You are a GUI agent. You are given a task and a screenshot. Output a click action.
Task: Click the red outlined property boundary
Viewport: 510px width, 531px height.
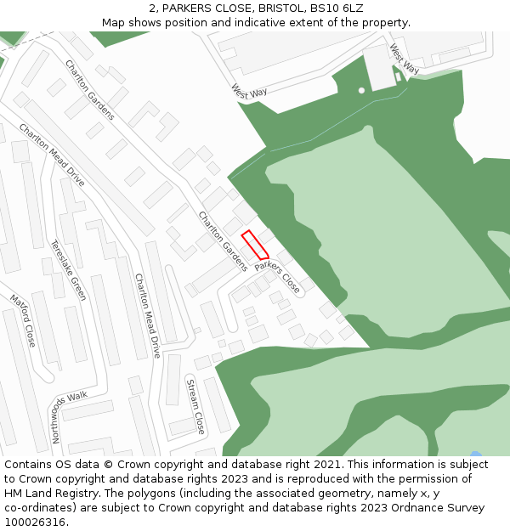255,245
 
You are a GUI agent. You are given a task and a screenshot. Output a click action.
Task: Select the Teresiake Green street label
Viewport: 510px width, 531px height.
68,270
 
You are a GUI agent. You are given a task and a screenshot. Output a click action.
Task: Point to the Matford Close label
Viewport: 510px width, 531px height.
23,320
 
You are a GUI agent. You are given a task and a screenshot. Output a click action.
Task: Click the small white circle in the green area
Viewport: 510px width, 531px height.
361,90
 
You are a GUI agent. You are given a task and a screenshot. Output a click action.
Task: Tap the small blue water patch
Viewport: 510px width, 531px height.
475,454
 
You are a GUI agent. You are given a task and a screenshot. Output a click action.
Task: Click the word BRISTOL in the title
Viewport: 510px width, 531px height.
277,8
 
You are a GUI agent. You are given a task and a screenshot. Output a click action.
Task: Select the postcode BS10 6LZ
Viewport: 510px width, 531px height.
337,8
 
